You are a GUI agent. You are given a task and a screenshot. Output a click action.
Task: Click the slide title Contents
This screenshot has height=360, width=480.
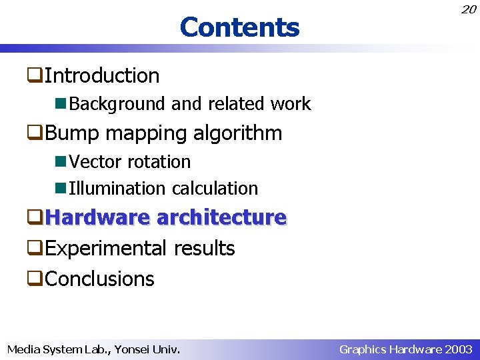click(x=239, y=27)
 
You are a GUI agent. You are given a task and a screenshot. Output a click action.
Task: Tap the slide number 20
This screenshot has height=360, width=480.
click(x=469, y=9)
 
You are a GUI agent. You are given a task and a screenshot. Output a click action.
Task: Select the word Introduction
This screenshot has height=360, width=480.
click(x=102, y=76)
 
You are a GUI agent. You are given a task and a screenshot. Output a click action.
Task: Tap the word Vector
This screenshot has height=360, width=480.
click(x=97, y=162)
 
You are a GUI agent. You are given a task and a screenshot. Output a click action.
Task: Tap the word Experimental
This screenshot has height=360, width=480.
click(x=107, y=249)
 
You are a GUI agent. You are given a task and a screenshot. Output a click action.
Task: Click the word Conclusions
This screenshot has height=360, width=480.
click(x=99, y=279)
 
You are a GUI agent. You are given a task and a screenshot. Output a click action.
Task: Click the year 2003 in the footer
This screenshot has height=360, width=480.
click(x=459, y=349)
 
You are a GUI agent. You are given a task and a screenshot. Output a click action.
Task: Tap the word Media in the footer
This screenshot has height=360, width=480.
click(x=23, y=349)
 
